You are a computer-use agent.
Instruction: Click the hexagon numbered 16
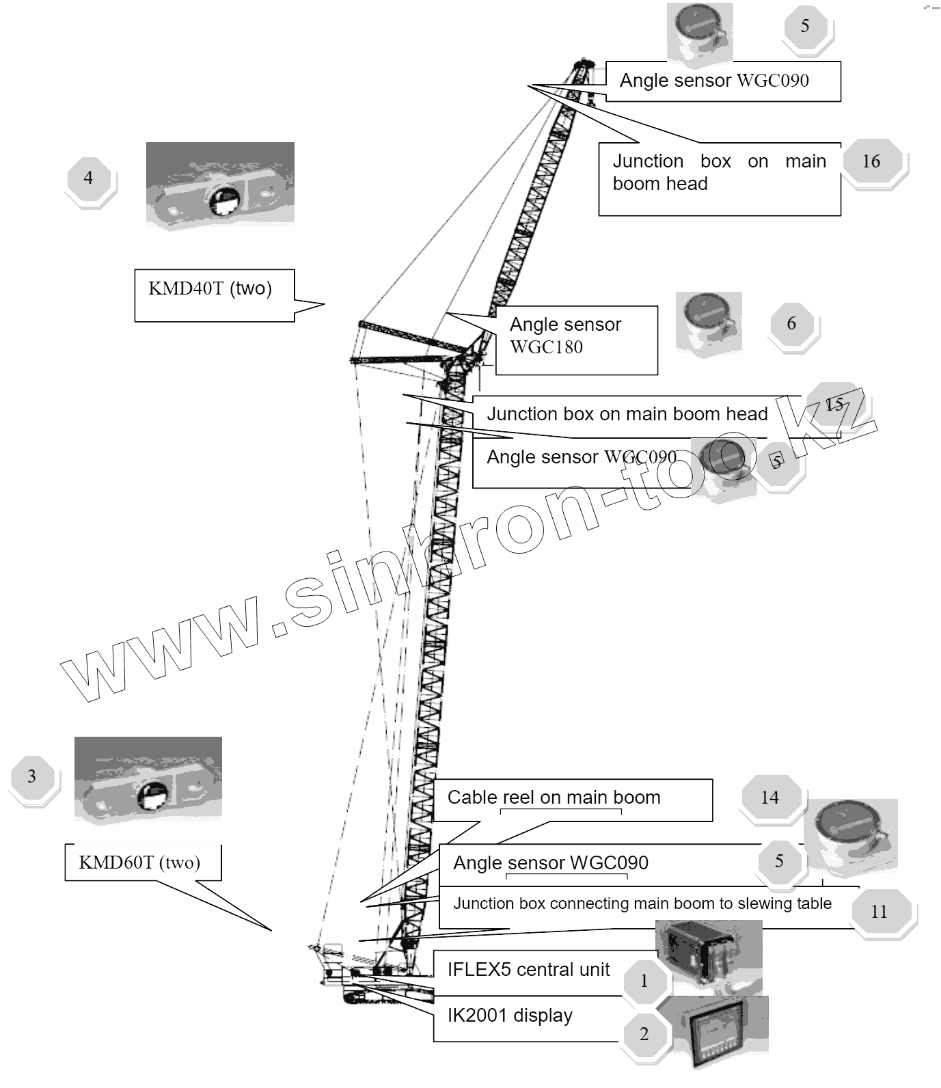pos(871,161)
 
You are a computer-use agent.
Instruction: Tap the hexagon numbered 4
pos(88,178)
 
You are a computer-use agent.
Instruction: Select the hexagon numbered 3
pos(31,776)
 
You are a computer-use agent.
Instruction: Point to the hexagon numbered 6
pos(791,323)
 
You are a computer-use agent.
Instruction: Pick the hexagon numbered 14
pos(769,798)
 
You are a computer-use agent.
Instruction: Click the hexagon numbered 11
pos(879,912)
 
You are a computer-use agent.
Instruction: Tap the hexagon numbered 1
pos(644,981)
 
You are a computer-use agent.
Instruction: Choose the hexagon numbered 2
pos(644,1034)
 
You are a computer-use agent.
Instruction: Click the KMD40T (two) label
pos(210,288)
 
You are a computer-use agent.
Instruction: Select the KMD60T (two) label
pos(140,862)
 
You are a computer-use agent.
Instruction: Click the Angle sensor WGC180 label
pos(566,336)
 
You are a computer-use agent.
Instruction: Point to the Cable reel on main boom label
pos(554,798)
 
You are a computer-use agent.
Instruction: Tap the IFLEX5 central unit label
pos(529,970)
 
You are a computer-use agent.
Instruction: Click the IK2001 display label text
pos(510,1016)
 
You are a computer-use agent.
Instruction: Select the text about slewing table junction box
pos(642,903)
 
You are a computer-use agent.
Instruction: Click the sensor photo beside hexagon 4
pos(220,185)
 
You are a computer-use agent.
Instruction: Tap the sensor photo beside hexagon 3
pos(148,780)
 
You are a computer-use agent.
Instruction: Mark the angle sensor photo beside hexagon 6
pos(709,324)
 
